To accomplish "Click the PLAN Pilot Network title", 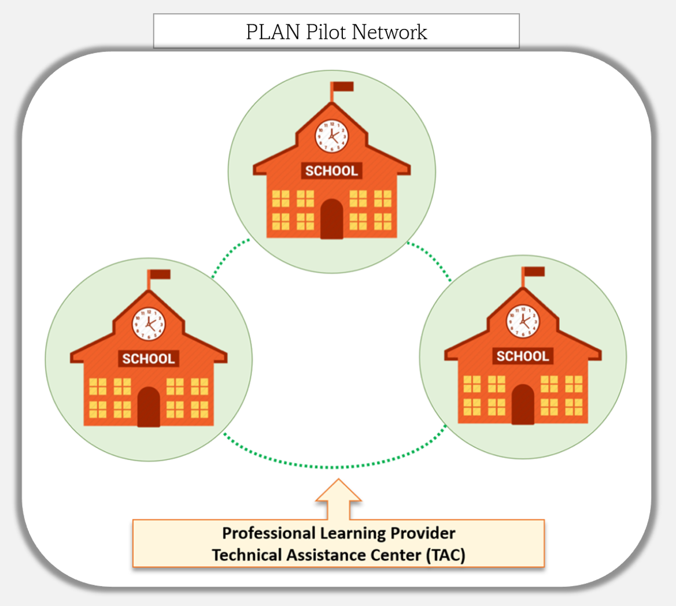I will point(336,32).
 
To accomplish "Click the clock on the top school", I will point(331,136).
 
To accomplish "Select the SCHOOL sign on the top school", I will point(331,170).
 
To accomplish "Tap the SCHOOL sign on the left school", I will point(149,359).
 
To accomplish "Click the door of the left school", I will point(149,407).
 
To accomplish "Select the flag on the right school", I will point(534,272).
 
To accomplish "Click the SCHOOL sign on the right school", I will point(523,356).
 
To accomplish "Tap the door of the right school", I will point(523,404).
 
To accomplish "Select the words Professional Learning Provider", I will point(339,533).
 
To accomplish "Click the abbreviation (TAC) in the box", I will point(445,555).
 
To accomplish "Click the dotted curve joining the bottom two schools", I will point(334,467).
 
